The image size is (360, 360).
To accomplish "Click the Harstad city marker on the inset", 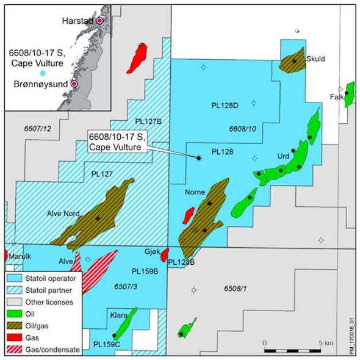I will (99, 20).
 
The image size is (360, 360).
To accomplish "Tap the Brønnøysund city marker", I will (74, 84).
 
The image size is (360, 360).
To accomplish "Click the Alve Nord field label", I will (64, 214).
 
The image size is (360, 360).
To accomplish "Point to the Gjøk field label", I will (153, 251).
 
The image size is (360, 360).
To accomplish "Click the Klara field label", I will (118, 315).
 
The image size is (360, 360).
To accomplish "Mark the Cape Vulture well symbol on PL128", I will (198, 158).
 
